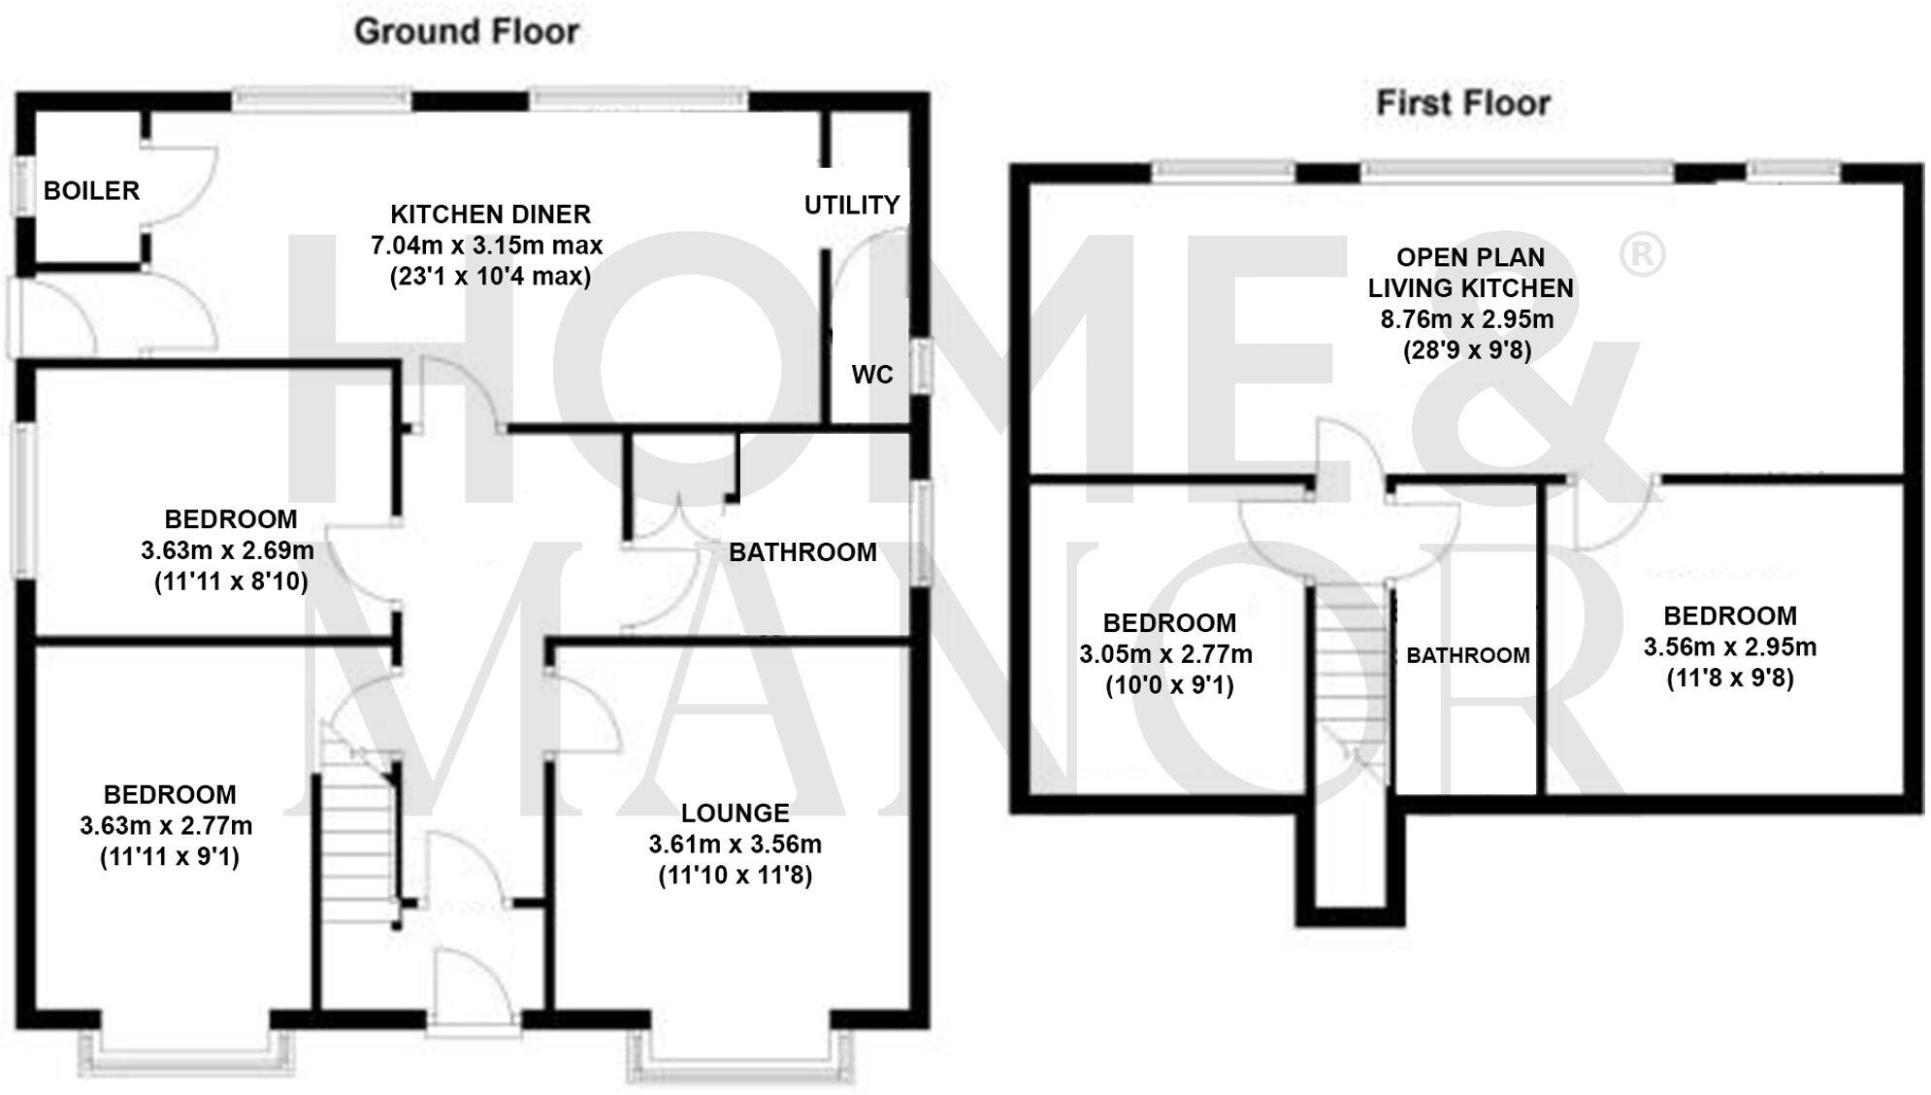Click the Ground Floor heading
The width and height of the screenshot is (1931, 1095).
coord(466,31)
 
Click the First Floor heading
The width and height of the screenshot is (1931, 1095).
coord(1462,103)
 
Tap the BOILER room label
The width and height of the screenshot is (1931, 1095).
coord(91,190)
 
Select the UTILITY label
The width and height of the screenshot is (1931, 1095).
coord(852,205)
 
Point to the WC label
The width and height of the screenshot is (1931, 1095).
coord(871,375)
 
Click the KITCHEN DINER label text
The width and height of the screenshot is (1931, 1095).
coord(490,214)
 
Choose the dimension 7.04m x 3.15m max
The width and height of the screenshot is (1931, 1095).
coord(486,246)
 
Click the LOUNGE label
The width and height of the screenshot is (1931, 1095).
coord(735,813)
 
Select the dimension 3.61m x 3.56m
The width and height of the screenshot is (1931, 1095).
coord(735,844)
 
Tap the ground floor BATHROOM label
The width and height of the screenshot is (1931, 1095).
coord(802,552)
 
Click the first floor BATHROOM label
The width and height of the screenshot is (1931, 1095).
coord(1467,655)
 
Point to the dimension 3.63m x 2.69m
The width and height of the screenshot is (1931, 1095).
coord(227,550)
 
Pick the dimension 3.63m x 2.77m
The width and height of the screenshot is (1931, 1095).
coord(166,826)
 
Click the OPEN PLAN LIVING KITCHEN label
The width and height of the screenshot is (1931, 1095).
coord(1470,273)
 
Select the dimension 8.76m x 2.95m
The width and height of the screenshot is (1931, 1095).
coord(1466,319)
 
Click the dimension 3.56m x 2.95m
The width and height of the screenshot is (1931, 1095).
coord(1729,647)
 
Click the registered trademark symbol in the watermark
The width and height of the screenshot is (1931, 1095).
coord(1642,254)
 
